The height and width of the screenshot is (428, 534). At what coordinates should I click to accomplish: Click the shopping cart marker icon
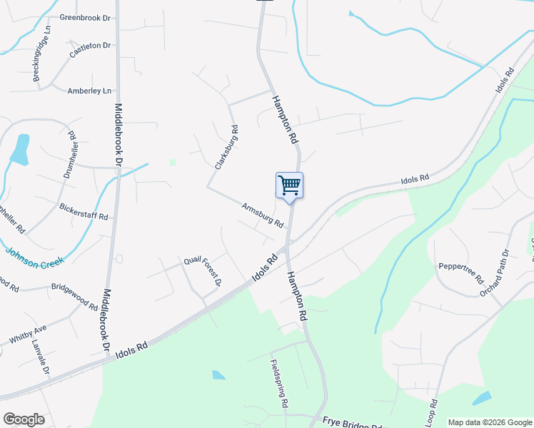pyautogui.click(x=289, y=185)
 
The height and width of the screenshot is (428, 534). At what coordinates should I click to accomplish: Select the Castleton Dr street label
pyautogui.click(x=91, y=49)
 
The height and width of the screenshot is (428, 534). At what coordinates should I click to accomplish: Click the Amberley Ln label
pyautogui.click(x=89, y=91)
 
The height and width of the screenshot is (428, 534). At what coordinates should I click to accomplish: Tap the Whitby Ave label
pyautogui.click(x=28, y=333)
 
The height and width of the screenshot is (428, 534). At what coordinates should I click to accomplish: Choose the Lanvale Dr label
pyautogui.click(x=41, y=357)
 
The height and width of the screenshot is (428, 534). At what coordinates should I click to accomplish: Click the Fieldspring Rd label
pyautogui.click(x=279, y=384)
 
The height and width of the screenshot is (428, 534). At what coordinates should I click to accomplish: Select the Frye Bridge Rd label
pyautogui.click(x=354, y=423)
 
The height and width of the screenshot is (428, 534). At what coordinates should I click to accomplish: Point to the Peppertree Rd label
pyautogui.click(x=461, y=275)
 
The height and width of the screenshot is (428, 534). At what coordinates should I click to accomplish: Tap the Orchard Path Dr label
pyautogui.click(x=495, y=272)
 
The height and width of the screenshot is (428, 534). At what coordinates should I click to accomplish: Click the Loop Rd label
pyautogui.click(x=431, y=412)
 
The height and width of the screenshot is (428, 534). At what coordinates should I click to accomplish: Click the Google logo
pyautogui.click(x=24, y=419)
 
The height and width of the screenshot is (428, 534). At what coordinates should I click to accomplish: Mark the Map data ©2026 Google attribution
pyautogui.click(x=490, y=422)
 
